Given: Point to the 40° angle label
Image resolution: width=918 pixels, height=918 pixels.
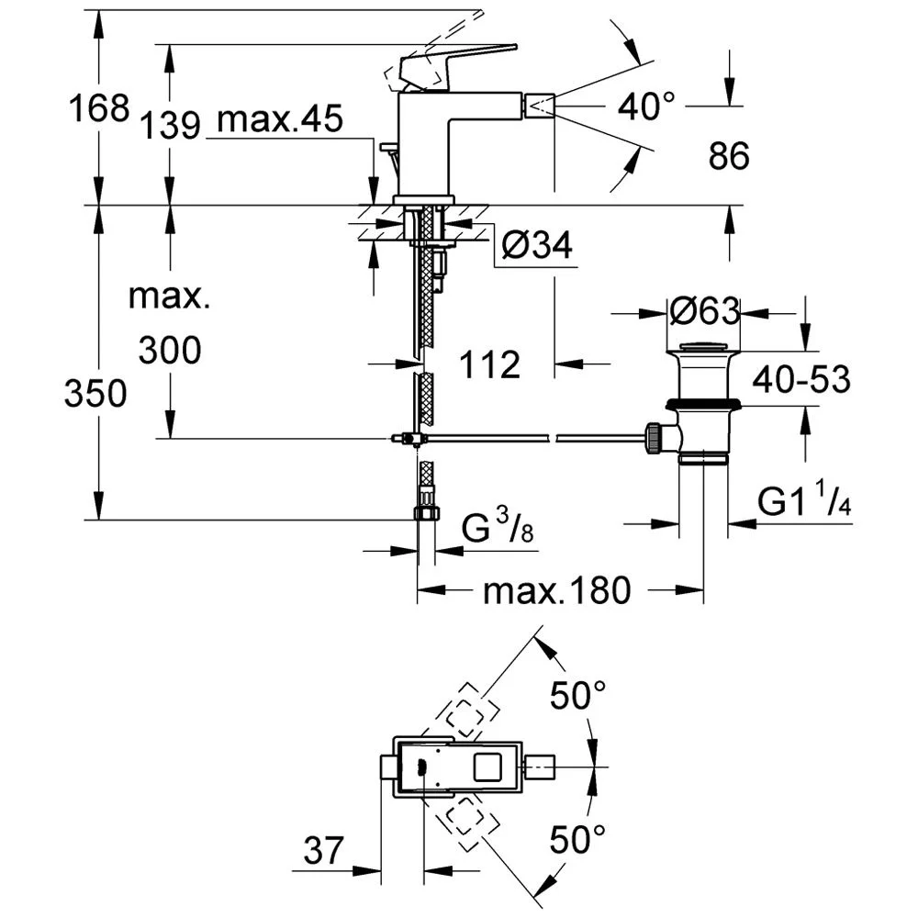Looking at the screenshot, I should click(x=652, y=107).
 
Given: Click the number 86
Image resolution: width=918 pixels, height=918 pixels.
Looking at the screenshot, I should click(x=730, y=157).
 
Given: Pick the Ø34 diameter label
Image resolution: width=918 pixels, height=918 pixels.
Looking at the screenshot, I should click(x=538, y=245).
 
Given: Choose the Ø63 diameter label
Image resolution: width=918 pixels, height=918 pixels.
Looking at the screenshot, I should click(x=704, y=312).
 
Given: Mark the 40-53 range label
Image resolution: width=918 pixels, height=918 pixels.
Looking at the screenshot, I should click(x=801, y=379).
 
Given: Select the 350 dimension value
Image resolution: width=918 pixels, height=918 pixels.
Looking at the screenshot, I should click(x=95, y=394).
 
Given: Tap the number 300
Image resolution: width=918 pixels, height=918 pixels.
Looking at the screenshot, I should click(x=169, y=350).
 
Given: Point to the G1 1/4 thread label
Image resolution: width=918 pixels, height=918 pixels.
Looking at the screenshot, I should click(x=803, y=502).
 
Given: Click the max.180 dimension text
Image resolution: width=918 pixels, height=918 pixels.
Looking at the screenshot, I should click(x=557, y=591).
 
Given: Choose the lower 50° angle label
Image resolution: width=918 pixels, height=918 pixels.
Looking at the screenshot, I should click(x=578, y=838).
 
